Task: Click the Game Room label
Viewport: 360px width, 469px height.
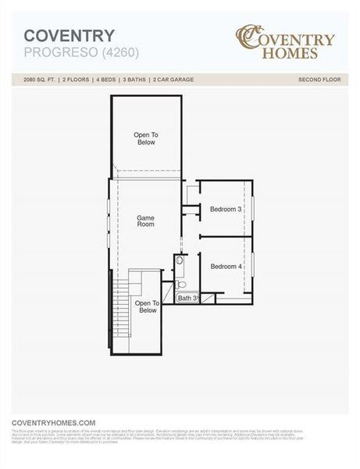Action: click(145, 220)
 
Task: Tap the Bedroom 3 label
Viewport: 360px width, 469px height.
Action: click(226, 209)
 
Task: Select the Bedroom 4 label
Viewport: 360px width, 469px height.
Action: click(226, 267)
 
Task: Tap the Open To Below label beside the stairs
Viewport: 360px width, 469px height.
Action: click(148, 306)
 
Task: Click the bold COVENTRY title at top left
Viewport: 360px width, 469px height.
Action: click(70, 35)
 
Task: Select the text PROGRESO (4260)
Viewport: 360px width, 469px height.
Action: click(70, 52)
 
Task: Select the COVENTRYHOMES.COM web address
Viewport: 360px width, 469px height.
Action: click(53, 422)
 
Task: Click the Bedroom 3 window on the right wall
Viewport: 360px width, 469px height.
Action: click(252, 209)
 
